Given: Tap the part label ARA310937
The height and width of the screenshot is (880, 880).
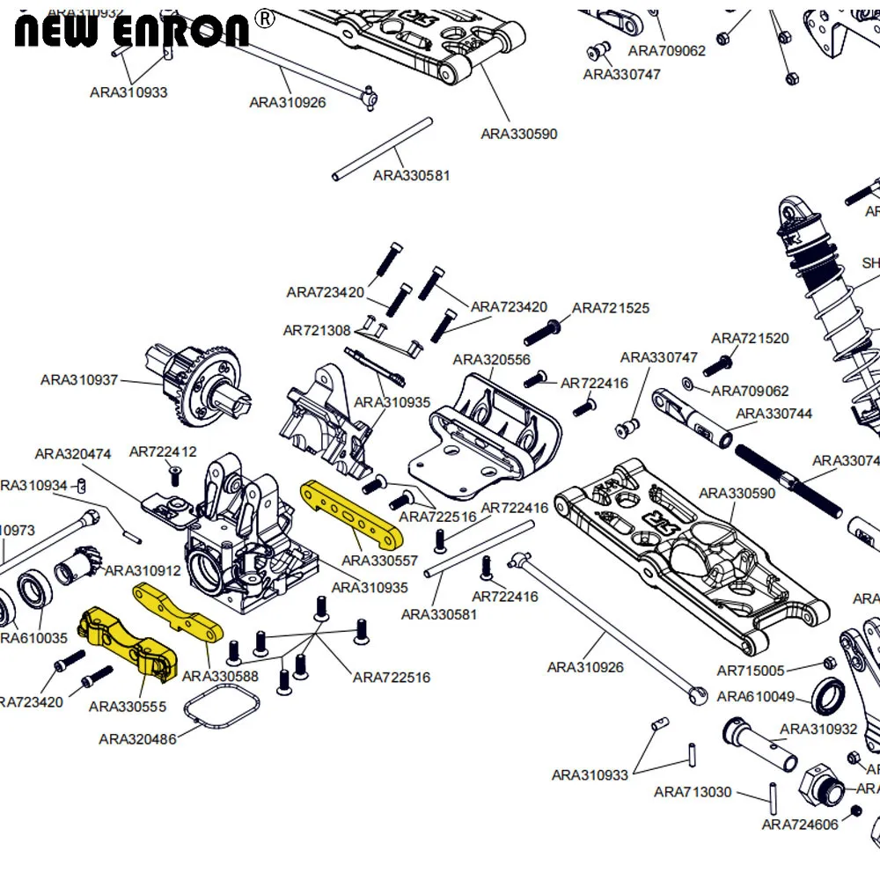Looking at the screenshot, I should (x=79, y=380).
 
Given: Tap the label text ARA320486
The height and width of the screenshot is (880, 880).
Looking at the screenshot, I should (x=137, y=739).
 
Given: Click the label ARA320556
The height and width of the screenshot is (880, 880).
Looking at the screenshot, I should (x=492, y=360).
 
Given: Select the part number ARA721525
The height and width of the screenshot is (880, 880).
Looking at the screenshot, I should (x=611, y=308).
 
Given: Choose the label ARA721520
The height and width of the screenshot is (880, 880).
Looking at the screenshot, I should (x=750, y=338).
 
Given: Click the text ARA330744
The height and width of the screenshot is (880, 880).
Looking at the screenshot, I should (x=774, y=414).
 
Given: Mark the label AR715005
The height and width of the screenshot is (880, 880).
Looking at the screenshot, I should (x=750, y=671).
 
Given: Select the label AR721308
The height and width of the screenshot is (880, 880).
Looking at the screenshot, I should (x=316, y=331).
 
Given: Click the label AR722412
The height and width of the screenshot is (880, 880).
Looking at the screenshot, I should (x=163, y=451).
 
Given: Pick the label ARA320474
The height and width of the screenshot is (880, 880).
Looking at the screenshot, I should (x=73, y=454).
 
